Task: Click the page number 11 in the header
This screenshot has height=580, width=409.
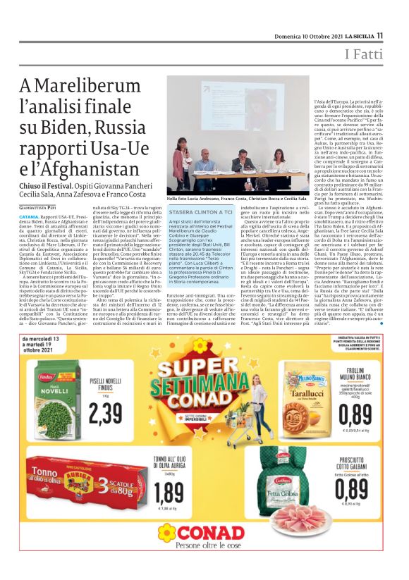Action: pos(379,35)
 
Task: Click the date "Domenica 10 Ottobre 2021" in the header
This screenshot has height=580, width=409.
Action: pos(326,35)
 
